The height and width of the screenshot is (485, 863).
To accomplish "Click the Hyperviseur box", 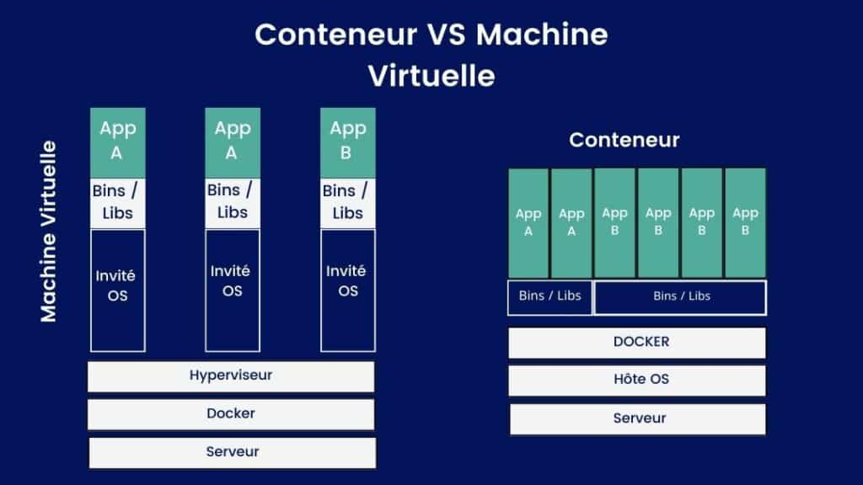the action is (x=231, y=376).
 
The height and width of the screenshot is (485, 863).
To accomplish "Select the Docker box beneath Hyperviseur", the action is (x=231, y=414).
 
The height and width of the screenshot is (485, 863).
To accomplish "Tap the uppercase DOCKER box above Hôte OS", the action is (x=637, y=343).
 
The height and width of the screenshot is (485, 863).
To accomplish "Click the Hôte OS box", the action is (x=637, y=381).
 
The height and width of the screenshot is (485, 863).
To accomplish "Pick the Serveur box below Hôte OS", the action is (x=637, y=419).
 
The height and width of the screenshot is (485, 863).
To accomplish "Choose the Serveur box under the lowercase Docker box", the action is (x=233, y=453).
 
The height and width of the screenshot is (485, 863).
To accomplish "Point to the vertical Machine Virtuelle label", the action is (x=48, y=231).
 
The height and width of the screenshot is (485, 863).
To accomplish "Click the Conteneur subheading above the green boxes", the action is (x=624, y=140).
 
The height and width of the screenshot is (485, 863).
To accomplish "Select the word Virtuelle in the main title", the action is (x=431, y=76).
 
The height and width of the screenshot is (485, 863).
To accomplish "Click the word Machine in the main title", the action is (x=542, y=34).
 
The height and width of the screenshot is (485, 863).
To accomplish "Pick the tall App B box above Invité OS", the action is (x=348, y=143).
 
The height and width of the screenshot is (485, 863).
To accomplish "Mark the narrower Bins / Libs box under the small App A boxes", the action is (x=549, y=297).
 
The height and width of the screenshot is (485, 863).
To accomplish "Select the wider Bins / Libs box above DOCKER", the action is (x=680, y=297).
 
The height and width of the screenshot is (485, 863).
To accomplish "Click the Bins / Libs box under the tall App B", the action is (x=348, y=203).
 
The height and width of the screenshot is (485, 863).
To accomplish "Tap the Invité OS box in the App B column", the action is (x=348, y=290).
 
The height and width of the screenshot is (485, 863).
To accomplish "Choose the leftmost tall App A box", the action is (x=118, y=143).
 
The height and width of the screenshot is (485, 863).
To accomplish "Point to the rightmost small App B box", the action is (x=745, y=222).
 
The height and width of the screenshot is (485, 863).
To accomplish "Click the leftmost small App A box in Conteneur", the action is (x=528, y=222).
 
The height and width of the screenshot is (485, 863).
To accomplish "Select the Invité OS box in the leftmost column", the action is (x=118, y=290).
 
